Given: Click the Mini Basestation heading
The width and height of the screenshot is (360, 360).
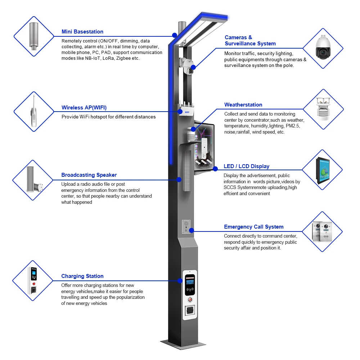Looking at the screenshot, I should (82, 32).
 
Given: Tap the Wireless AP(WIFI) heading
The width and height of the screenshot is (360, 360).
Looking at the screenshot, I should (84, 108).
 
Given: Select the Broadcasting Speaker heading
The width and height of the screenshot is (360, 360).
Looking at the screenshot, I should (89, 175).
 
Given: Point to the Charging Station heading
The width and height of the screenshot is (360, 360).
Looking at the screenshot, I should (82, 276).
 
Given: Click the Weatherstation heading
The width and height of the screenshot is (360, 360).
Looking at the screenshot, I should (243, 105).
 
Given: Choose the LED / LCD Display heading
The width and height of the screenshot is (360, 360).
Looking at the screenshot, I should (247, 166).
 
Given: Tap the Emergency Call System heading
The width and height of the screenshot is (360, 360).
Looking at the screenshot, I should (254, 227).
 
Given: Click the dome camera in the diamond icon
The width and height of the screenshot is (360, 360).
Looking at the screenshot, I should (323, 48).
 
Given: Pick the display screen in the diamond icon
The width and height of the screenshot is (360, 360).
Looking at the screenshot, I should (322, 170).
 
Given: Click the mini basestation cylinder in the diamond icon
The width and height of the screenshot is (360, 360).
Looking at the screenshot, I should (33, 36).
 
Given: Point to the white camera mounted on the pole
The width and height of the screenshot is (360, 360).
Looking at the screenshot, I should (187, 67).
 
